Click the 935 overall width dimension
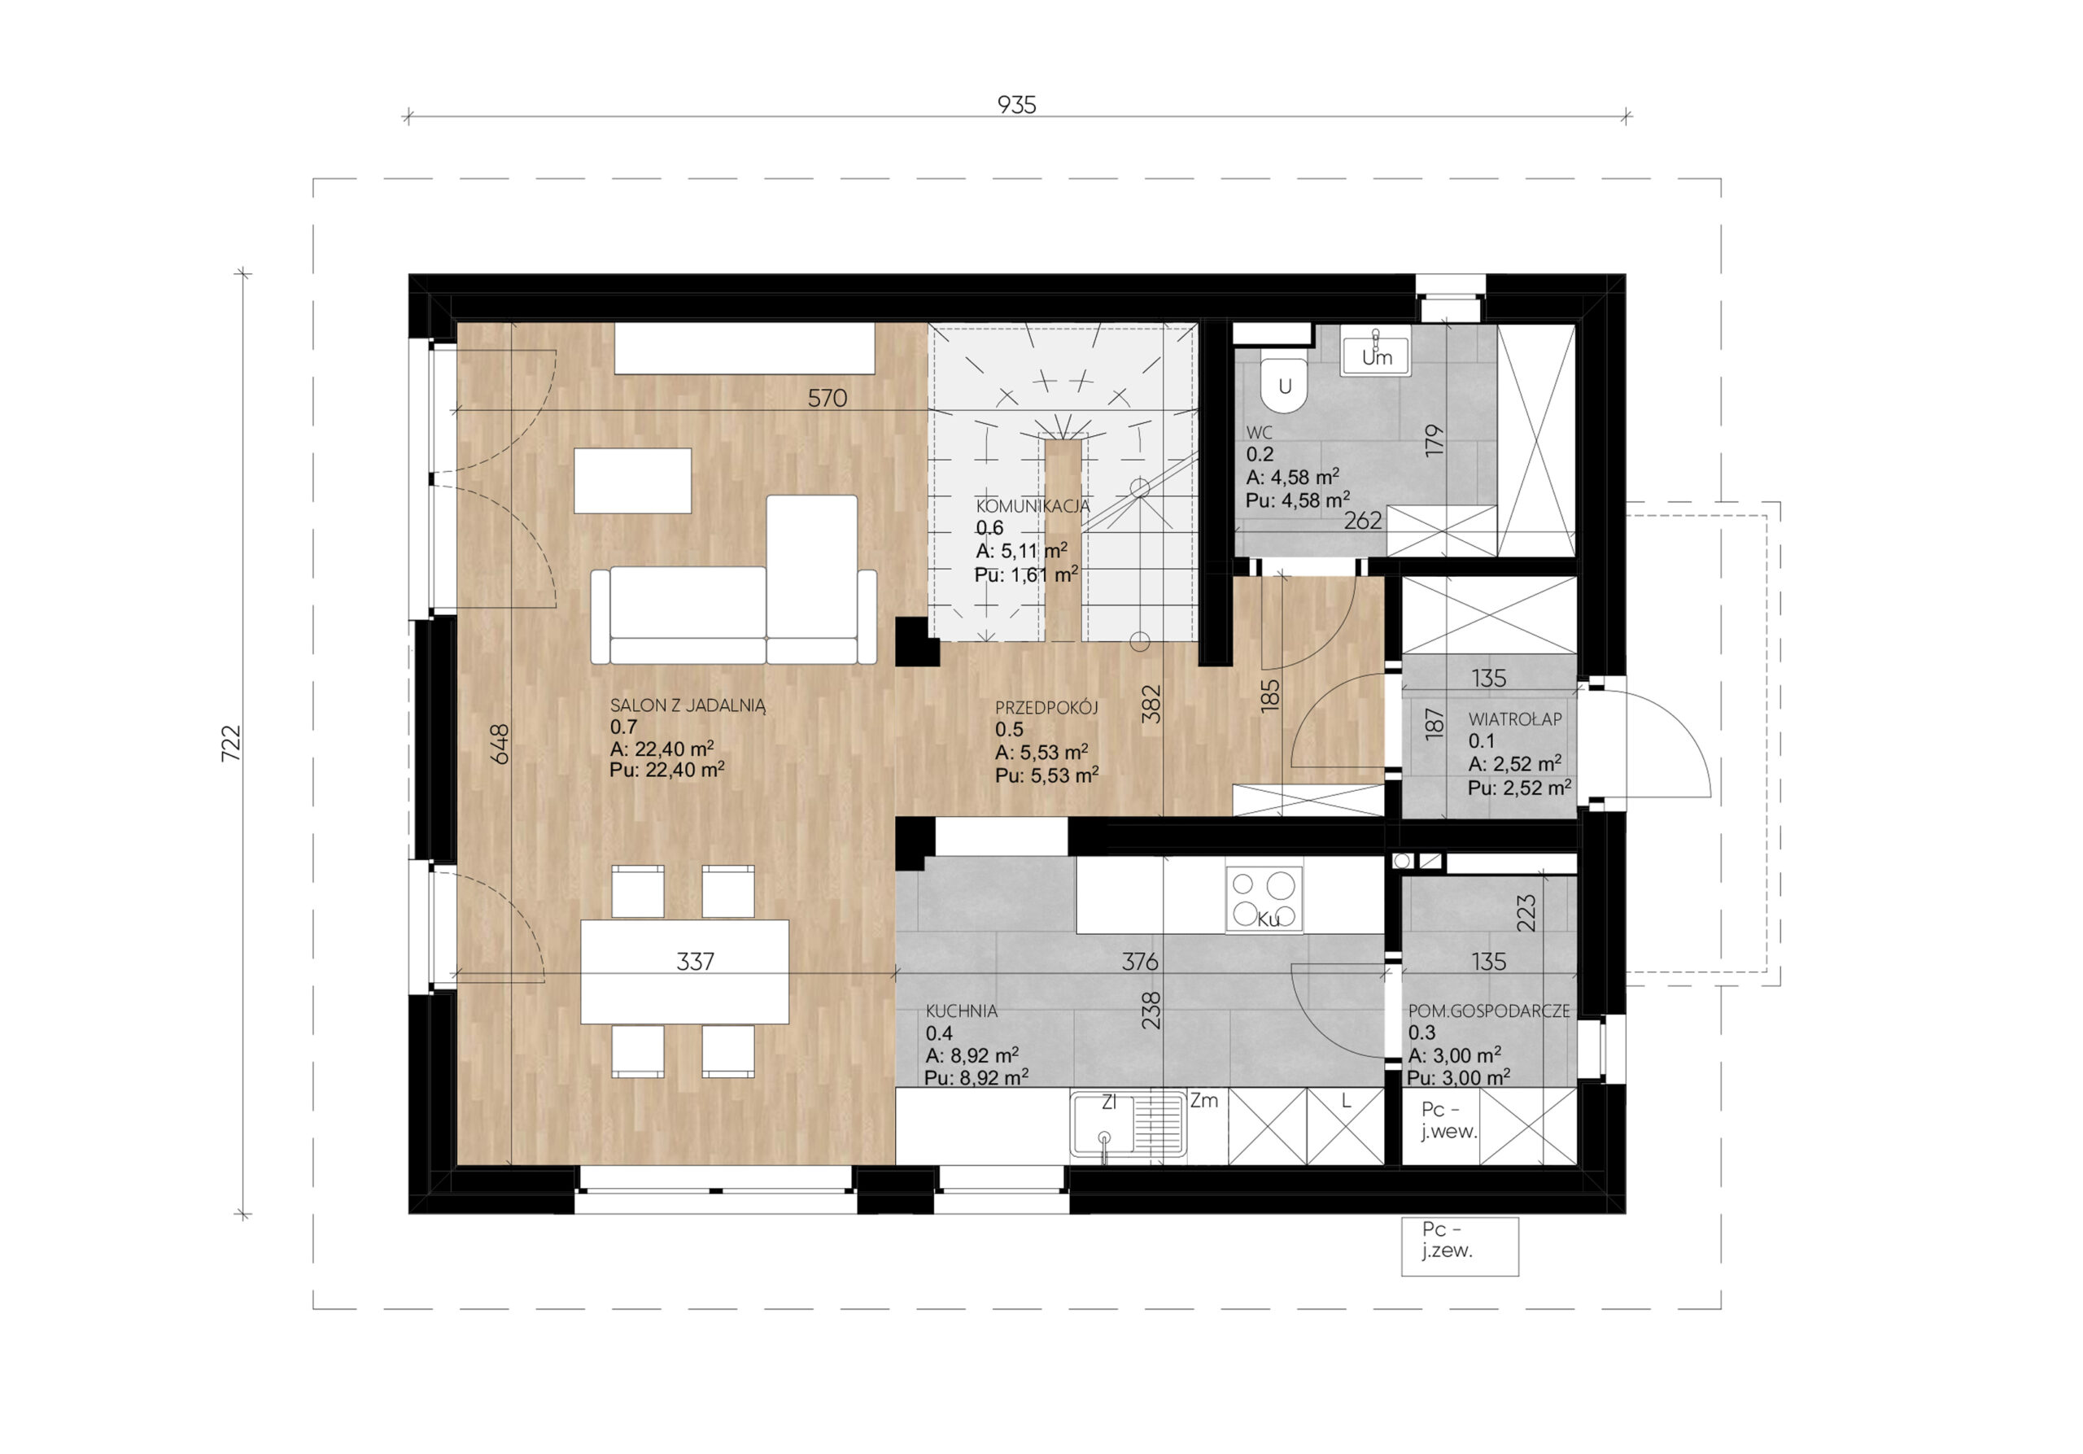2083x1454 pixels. [x=1016, y=105]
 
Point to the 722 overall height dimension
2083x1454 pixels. [x=232, y=743]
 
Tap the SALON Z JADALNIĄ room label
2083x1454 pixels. [x=688, y=705]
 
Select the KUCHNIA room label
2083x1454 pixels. [x=962, y=1011]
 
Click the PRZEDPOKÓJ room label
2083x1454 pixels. [x=1046, y=708]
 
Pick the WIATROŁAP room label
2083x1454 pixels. [x=1515, y=719]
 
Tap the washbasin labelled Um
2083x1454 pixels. [x=1375, y=354]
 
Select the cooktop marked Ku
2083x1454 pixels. [x=1264, y=899]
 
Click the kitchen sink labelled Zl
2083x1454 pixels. [x=1128, y=1124]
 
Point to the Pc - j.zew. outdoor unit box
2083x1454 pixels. [x=1459, y=1247]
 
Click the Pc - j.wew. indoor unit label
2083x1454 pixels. [x=1449, y=1120]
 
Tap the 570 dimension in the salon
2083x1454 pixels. [x=828, y=398]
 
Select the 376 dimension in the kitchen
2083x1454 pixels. [x=1139, y=962]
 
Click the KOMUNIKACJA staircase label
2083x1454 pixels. [x=1033, y=506]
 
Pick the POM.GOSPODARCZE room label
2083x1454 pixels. [x=1488, y=1011]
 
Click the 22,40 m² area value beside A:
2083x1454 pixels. [x=674, y=749]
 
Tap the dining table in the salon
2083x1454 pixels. [x=684, y=972]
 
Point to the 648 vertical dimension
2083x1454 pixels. [x=500, y=743]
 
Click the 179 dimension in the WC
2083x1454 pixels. [x=1434, y=440]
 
